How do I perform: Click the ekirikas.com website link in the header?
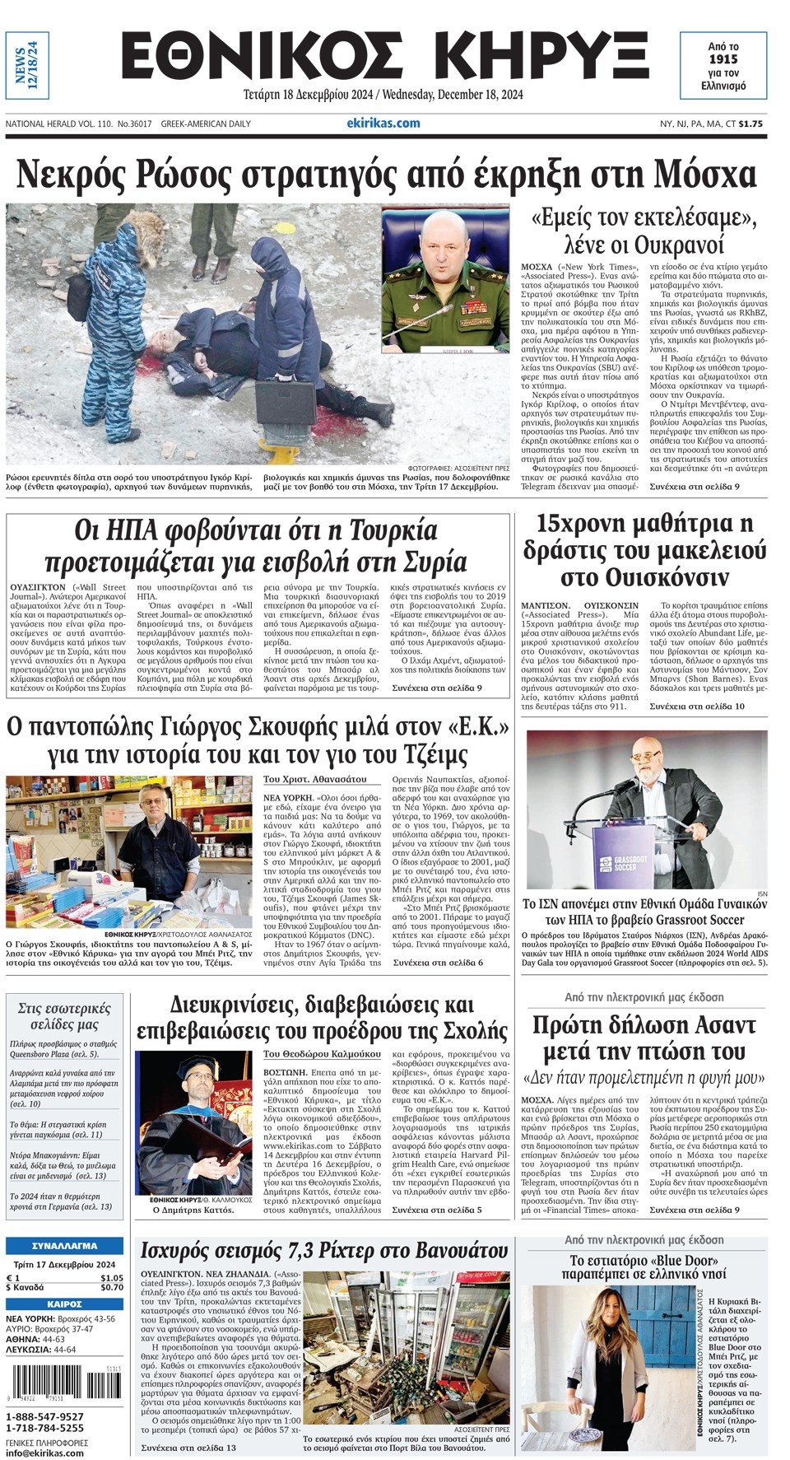(383, 123)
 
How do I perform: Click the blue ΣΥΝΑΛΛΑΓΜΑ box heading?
(64, 1246)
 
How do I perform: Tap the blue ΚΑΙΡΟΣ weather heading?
(64, 1304)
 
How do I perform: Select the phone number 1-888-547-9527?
(44, 1416)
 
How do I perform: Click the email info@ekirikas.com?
(44, 1453)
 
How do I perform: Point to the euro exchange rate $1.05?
(111, 1277)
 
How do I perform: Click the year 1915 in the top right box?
(723, 59)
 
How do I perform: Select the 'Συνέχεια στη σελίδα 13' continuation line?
(188, 1447)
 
